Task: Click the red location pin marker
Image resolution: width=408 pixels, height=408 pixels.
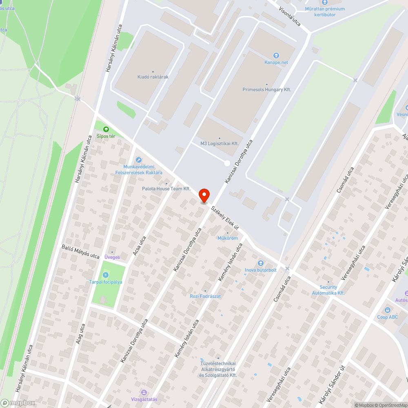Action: click(x=204, y=195)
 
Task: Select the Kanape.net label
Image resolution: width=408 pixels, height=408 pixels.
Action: click(x=276, y=62)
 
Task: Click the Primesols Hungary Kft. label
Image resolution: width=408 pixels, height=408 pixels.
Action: click(x=267, y=89)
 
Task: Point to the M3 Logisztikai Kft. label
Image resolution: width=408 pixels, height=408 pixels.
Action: click(x=220, y=143)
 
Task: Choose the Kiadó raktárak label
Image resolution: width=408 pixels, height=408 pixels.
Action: click(x=153, y=77)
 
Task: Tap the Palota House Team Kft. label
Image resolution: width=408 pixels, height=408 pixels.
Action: click(x=166, y=188)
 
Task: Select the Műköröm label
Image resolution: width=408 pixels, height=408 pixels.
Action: click(x=228, y=238)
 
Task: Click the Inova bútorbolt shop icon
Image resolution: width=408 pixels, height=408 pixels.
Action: click(x=261, y=263)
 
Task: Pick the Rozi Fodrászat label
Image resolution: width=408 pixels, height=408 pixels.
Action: click(x=205, y=296)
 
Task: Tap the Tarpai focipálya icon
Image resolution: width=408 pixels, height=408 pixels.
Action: click(x=106, y=275)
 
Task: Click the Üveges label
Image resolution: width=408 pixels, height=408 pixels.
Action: click(x=112, y=257)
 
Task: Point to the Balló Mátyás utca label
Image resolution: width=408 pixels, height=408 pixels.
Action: click(x=80, y=252)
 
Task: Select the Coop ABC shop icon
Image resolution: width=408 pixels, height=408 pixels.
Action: click(x=388, y=310)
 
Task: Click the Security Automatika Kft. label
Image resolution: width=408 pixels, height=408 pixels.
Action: click(x=328, y=290)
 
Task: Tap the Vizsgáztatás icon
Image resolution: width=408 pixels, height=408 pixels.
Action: click(x=144, y=392)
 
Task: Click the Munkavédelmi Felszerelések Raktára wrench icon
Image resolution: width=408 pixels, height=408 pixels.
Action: click(x=139, y=160)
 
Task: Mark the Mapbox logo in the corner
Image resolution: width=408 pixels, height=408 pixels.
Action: click(x=18, y=403)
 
